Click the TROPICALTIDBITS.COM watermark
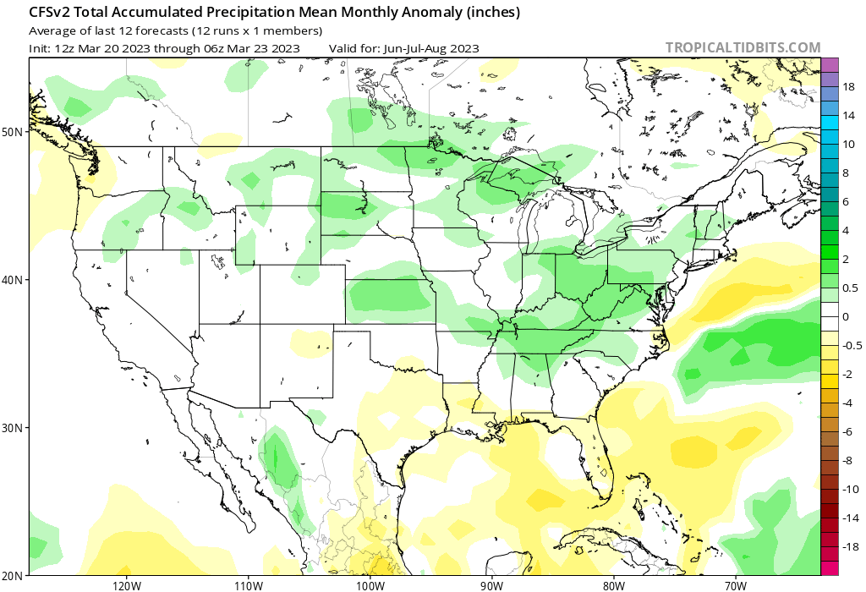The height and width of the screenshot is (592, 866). pyautogui.click(x=743, y=47)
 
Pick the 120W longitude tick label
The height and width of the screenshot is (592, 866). pyautogui.click(x=126, y=584)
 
